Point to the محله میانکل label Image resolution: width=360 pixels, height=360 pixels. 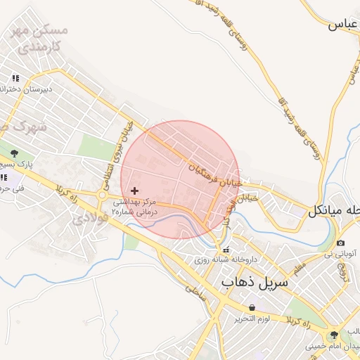[336, 210]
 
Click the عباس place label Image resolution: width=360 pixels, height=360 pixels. [343, 25]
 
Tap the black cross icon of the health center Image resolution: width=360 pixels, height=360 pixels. [135, 191]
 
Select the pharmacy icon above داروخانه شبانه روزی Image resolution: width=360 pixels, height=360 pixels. [226, 250]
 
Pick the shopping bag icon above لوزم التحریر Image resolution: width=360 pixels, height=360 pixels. [252, 308]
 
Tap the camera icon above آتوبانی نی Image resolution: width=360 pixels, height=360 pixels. [340, 243]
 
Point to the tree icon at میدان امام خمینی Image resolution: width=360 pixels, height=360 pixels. [333, 335]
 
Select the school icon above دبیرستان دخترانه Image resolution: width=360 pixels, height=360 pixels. [15, 77]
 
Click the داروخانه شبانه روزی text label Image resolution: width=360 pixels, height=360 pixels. [227, 259]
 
